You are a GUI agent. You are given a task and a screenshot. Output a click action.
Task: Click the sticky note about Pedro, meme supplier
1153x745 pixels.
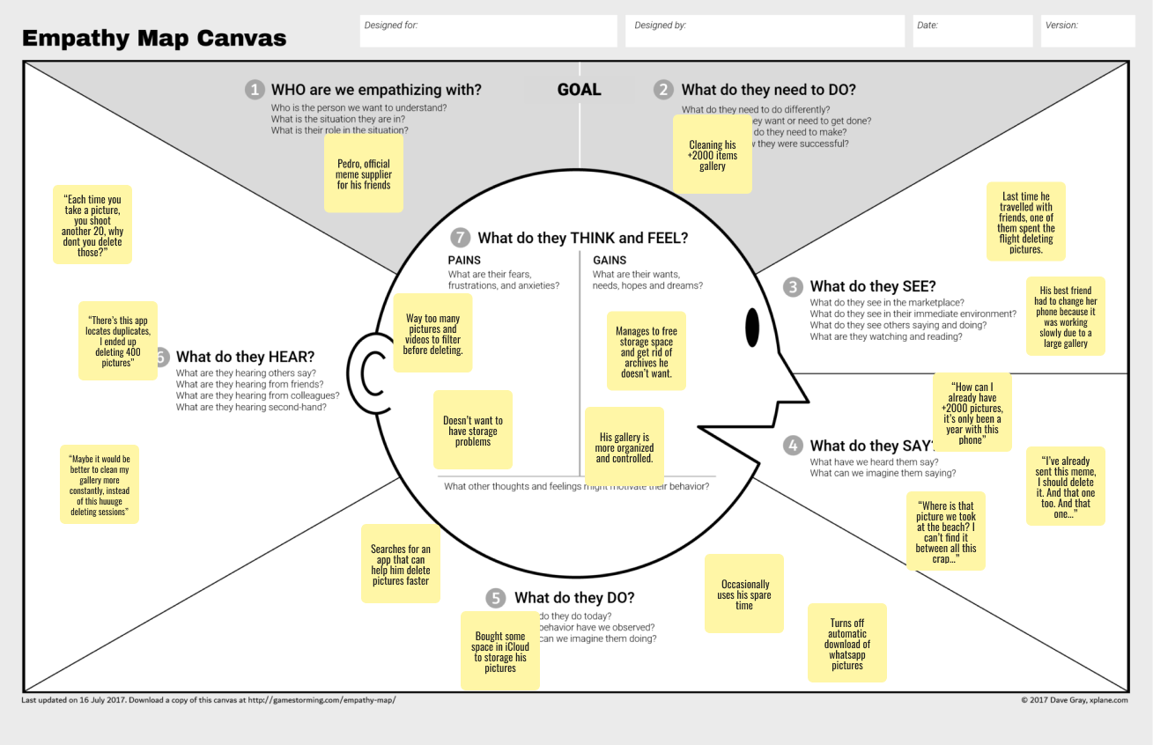364,173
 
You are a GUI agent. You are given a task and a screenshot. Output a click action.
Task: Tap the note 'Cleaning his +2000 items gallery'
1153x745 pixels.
713,155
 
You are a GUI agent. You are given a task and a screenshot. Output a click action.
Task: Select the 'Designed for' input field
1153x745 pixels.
489,31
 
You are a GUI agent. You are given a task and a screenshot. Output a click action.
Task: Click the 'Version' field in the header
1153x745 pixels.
1088,31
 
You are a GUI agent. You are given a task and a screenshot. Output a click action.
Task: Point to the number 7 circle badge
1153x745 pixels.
459,238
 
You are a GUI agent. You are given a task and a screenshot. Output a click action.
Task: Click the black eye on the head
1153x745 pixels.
752,328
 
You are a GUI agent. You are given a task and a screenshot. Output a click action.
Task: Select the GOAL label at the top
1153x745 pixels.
579,90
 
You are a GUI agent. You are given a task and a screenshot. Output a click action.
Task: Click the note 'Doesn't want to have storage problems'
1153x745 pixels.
473,431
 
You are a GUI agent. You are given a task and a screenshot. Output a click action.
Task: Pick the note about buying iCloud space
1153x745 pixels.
500,652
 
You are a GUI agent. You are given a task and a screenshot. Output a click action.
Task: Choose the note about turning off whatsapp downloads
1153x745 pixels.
847,644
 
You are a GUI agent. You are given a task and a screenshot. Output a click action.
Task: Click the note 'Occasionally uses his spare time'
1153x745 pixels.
744,594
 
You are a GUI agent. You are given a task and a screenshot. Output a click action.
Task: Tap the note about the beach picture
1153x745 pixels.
946,533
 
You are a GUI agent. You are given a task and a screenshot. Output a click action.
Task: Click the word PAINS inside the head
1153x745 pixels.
464,260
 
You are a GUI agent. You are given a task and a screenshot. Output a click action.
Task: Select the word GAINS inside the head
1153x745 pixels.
610,260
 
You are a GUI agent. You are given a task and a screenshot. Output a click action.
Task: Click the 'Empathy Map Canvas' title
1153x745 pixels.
154,39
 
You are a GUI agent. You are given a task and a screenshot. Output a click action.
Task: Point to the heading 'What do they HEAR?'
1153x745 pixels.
245,357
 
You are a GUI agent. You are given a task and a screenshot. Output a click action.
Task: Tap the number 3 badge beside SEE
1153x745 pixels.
794,286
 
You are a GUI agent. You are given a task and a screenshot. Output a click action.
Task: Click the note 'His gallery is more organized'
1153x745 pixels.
625,447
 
